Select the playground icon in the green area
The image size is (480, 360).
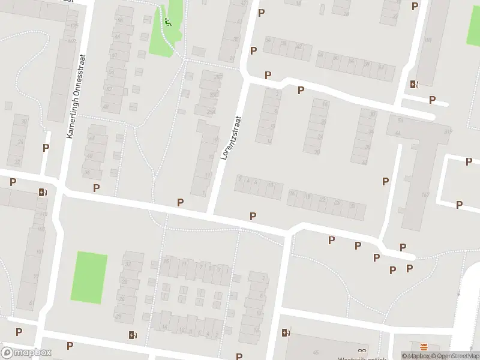(168, 23)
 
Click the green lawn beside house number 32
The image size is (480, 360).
(89, 277)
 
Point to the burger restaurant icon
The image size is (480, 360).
(424, 347)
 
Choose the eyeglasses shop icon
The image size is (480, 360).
(361, 351)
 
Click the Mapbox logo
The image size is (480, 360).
(26, 353)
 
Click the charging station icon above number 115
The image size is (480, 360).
(42, 192)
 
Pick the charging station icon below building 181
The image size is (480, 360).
(413, 85)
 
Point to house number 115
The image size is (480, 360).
(43, 214)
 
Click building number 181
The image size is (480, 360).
(427, 40)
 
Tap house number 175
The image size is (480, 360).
(74, 26)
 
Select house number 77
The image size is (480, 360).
(36, 277)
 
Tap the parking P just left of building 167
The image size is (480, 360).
(385, 181)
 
